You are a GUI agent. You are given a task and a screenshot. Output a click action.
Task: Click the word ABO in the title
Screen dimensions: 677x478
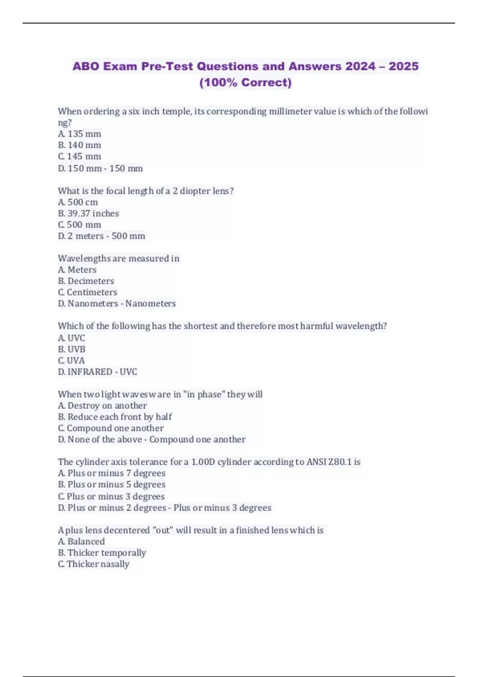[x=86, y=66]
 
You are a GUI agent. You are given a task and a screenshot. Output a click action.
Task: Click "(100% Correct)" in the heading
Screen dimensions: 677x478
[x=245, y=82]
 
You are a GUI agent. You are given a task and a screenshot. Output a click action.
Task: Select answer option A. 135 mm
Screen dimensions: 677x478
[x=80, y=134]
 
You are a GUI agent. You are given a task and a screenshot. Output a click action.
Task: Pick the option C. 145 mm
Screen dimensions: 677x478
[x=80, y=157]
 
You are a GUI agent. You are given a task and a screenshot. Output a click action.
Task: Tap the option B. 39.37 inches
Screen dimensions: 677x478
[x=88, y=213]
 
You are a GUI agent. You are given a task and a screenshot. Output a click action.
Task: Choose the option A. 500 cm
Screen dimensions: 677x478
[x=78, y=202]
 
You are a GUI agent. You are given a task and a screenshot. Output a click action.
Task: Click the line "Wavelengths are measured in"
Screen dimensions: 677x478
[x=119, y=258]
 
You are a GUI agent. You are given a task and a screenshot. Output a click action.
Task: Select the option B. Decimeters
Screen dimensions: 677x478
[x=86, y=281]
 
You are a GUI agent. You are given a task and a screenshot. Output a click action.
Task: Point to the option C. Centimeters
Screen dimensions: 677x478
[x=88, y=292]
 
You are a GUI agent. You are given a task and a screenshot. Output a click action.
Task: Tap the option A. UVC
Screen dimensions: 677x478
[x=72, y=338]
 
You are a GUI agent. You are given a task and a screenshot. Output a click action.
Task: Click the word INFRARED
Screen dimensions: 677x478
[x=90, y=372]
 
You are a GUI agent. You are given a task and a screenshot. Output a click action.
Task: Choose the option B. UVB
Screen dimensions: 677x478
[x=72, y=349]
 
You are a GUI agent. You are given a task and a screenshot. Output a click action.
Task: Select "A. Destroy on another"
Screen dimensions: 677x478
[x=102, y=406]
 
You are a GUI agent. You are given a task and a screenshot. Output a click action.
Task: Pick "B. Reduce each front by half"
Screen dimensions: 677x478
[x=115, y=417]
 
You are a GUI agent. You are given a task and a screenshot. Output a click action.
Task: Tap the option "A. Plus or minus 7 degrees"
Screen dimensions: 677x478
[x=112, y=474]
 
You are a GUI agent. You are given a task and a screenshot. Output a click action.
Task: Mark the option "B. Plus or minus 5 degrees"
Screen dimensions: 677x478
[x=112, y=485]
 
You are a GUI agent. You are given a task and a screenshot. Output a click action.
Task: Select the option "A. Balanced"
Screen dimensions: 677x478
[x=82, y=542]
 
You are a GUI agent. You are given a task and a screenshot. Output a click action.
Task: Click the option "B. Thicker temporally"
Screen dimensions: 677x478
[x=102, y=553]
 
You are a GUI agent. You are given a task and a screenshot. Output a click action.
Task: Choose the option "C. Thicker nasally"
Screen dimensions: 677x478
[x=94, y=564]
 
